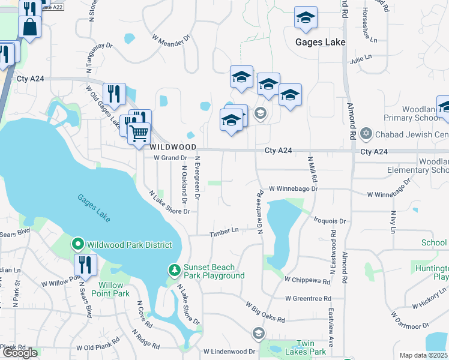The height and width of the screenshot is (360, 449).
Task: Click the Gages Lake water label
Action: pos(94,208)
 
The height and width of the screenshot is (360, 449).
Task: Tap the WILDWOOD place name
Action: pos(173,146)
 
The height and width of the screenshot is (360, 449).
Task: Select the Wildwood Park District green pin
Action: pos(77,244)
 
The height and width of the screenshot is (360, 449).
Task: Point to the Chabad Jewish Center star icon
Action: pos(367,134)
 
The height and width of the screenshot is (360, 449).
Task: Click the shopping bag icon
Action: pos(30,26)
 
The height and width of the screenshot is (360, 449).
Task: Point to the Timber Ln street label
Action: pos(224,232)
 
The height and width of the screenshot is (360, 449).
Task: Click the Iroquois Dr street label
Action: pos(330,221)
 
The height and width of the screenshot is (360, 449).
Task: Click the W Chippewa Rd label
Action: pos(307,280)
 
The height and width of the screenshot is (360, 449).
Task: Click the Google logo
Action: pos(20,353)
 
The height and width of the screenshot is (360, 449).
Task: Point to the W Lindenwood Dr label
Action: pos(229,352)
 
